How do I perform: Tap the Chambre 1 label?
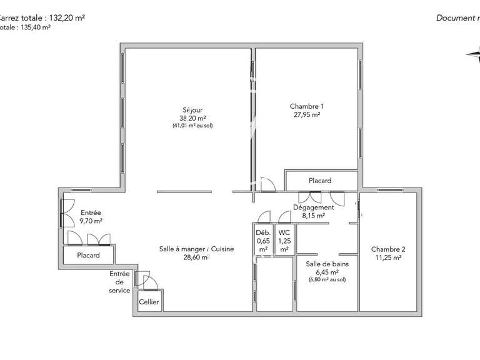[306, 106]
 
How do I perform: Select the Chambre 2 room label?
[388, 249]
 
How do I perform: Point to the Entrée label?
[91, 212]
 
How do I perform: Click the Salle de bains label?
[327, 264]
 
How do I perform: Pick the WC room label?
[284, 232]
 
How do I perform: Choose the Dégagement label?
[314, 207]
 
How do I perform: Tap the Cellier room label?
[149, 302]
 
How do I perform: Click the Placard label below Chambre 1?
[320, 181]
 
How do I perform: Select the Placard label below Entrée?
[88, 256]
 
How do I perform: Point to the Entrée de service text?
[119, 282]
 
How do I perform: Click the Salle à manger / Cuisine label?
[197, 249]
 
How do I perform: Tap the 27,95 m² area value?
[306, 115]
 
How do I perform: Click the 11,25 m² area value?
[388, 257]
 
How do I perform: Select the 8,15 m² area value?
[314, 216]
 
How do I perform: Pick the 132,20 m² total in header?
[63, 17]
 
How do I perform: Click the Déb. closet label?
[263, 232]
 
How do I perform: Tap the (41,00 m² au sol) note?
[197, 126]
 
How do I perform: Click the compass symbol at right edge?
[473, 55]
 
